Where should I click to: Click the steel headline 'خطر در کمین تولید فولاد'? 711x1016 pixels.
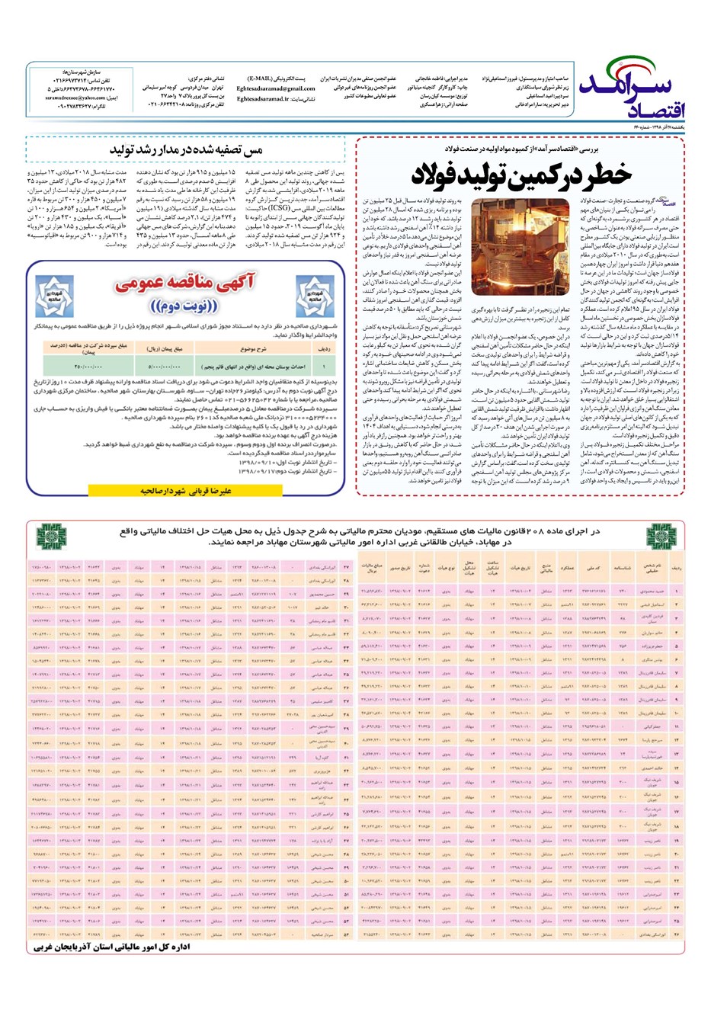[x=522, y=175]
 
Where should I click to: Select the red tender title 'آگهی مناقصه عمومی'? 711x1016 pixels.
[x=184, y=284]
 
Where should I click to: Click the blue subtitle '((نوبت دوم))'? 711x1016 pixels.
[x=184, y=306]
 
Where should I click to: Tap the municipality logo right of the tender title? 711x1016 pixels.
[x=315, y=296]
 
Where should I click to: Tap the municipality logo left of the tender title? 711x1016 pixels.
[x=54, y=296]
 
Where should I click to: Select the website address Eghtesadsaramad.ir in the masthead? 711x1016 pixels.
[x=263, y=99]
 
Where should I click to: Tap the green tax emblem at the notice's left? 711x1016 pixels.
[x=51, y=537]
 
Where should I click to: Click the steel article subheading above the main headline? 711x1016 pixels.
[x=525, y=149]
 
